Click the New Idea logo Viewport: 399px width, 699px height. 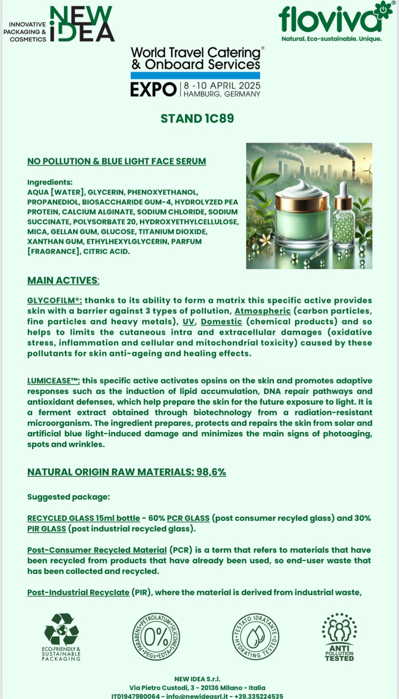[x=82, y=25]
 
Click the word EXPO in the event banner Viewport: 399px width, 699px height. [x=153, y=89]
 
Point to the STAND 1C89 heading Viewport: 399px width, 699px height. [x=197, y=119]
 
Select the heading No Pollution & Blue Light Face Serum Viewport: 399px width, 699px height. [x=117, y=161]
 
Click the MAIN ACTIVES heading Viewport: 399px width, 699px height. [x=63, y=281]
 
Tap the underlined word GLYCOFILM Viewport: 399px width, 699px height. [x=54, y=301]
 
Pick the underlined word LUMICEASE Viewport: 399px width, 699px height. [x=53, y=381]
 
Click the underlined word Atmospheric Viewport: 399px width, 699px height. [x=262, y=311]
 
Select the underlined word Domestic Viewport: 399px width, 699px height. [x=221, y=322]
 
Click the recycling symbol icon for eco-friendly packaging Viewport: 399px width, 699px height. [x=61, y=630]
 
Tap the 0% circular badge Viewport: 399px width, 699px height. [x=156, y=637]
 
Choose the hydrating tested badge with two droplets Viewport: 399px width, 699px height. [x=255, y=637]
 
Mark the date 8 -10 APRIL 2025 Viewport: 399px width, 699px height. [x=222, y=86]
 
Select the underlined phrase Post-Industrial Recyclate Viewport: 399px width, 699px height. [x=78, y=593]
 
